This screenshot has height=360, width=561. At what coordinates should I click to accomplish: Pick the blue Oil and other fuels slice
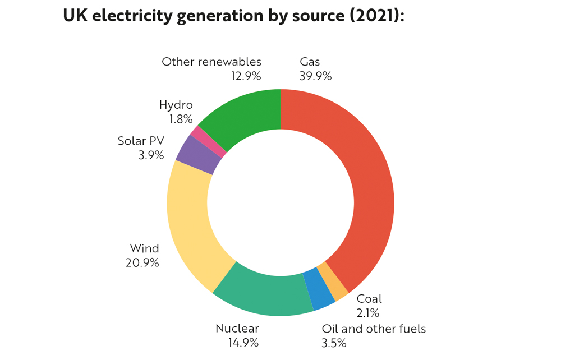(320, 289)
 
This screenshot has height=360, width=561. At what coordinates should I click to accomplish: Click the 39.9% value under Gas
(315, 76)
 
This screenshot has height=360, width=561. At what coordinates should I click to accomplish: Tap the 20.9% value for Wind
(142, 262)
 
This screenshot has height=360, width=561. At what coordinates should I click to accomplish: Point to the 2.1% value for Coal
(368, 313)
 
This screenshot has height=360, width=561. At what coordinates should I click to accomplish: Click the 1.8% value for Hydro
(181, 119)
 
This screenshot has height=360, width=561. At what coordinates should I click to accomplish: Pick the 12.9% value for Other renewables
(246, 76)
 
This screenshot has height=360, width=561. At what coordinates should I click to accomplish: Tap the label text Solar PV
(141, 141)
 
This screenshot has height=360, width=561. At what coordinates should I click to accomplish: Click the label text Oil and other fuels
(374, 329)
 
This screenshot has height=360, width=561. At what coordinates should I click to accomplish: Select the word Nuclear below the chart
(237, 328)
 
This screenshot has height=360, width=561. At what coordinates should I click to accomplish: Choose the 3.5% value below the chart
(334, 342)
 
